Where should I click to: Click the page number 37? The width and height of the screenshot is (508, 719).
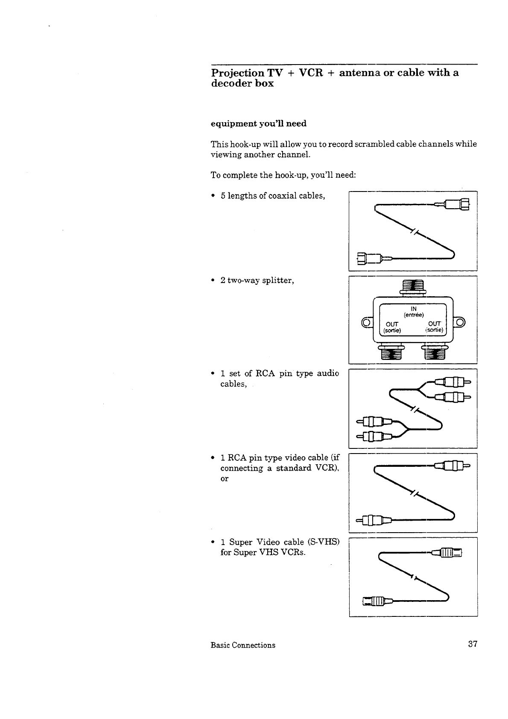[x=472, y=644]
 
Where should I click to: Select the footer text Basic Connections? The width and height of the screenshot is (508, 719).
[x=243, y=645]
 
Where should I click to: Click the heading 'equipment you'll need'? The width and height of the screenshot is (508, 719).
[x=259, y=124]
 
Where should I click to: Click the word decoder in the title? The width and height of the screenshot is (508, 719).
[x=232, y=83]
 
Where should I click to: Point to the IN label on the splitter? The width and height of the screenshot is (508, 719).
[x=413, y=309]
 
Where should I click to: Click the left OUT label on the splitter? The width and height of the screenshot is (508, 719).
[x=392, y=324]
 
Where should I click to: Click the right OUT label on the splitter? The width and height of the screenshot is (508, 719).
[x=434, y=324]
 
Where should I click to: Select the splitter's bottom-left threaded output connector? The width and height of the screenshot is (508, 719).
[x=391, y=352]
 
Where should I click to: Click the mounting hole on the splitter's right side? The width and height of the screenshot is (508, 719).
[x=461, y=322]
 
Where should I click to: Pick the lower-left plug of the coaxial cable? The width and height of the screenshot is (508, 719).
[x=370, y=258]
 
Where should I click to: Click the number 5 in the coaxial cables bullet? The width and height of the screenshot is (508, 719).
[x=223, y=196]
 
